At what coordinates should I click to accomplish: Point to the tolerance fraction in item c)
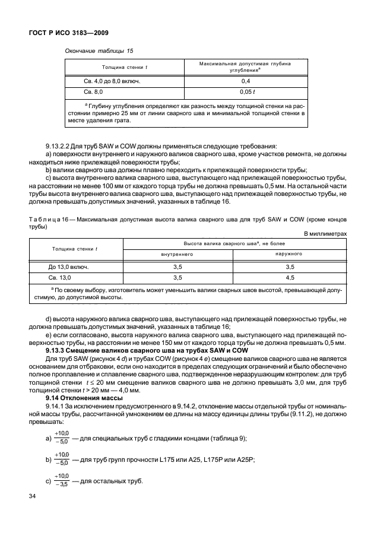point(61,481)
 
